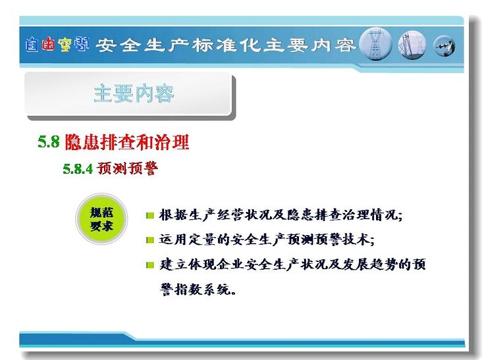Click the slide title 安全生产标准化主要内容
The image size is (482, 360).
pos(225,45)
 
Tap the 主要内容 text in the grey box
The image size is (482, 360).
pos(134,93)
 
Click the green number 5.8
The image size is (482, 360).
pos(48,141)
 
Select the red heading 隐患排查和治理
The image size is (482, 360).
pos(126,141)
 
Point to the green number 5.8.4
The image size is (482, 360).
pos(78,168)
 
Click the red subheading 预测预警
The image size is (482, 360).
pos(128,168)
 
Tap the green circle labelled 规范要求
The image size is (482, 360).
pos(101,219)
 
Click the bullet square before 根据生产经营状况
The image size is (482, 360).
pos(150,215)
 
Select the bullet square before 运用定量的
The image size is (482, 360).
pos(150,240)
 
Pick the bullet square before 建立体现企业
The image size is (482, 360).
pos(150,265)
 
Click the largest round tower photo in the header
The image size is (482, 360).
pos(375,44)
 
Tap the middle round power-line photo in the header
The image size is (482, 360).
pos(412,45)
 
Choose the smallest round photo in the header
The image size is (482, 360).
pos(444,46)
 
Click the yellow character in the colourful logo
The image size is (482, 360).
pos(65,45)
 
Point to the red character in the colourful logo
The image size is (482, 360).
pos(49,44)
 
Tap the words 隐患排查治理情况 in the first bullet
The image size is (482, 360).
pos(342,215)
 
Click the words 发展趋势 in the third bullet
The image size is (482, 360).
pos(370,264)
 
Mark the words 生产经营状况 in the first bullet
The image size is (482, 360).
pos(230,215)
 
